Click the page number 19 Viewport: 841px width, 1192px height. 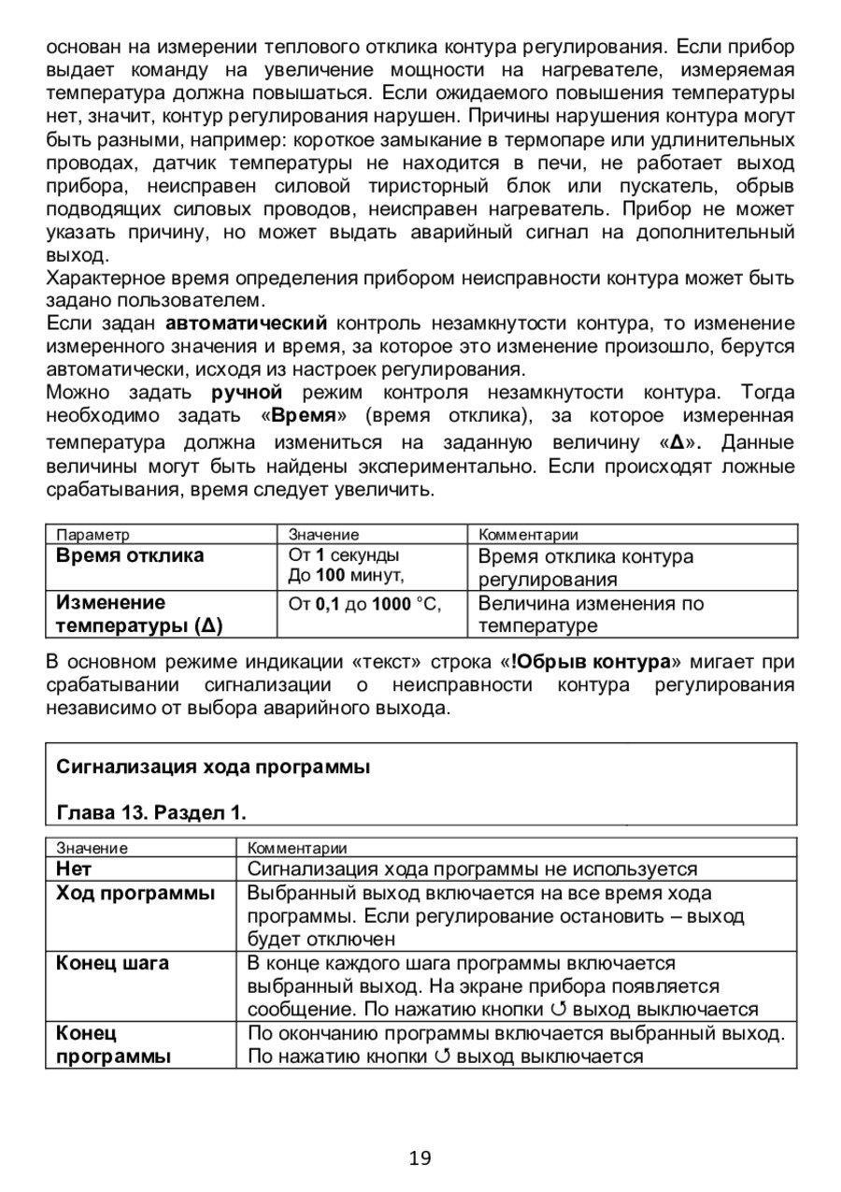point(420,1158)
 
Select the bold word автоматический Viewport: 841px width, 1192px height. point(247,323)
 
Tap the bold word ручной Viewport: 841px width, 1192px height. point(247,391)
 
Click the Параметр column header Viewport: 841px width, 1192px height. point(93,535)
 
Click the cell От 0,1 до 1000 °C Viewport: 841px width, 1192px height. point(364,604)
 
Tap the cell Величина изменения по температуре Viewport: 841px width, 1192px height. point(591,614)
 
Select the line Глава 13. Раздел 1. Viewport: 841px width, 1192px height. point(151,812)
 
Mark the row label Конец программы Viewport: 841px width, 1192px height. point(113,1045)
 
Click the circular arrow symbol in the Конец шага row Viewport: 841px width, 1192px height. point(560,1009)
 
